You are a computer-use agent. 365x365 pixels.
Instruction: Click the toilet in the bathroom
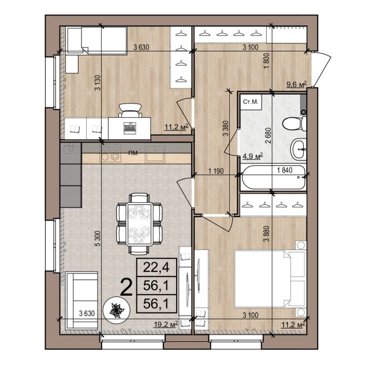click(294, 124)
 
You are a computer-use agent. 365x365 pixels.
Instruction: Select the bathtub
click(274, 178)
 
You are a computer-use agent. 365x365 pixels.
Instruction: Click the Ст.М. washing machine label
click(251, 102)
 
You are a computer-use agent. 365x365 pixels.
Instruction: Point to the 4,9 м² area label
click(252, 156)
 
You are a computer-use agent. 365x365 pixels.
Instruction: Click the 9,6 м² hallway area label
click(297, 84)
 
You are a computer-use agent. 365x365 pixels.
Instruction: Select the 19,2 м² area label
click(166, 324)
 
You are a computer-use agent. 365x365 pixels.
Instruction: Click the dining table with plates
click(139, 224)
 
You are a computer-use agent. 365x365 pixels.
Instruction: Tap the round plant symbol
click(117, 310)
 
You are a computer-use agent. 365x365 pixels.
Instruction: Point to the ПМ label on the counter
click(133, 153)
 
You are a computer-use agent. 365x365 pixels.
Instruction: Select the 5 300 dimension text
click(98, 239)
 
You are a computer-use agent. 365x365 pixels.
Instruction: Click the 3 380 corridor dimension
click(225, 128)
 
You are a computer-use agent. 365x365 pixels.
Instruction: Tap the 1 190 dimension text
click(216, 171)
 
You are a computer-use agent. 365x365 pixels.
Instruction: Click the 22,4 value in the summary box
click(156, 267)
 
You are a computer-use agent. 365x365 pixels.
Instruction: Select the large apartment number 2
click(127, 288)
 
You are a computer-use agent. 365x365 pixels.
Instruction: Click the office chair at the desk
click(130, 110)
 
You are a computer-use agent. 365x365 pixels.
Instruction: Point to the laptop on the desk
click(130, 128)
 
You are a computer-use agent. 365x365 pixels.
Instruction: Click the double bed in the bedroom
click(270, 278)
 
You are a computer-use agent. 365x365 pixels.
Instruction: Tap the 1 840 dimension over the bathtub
click(285, 170)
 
